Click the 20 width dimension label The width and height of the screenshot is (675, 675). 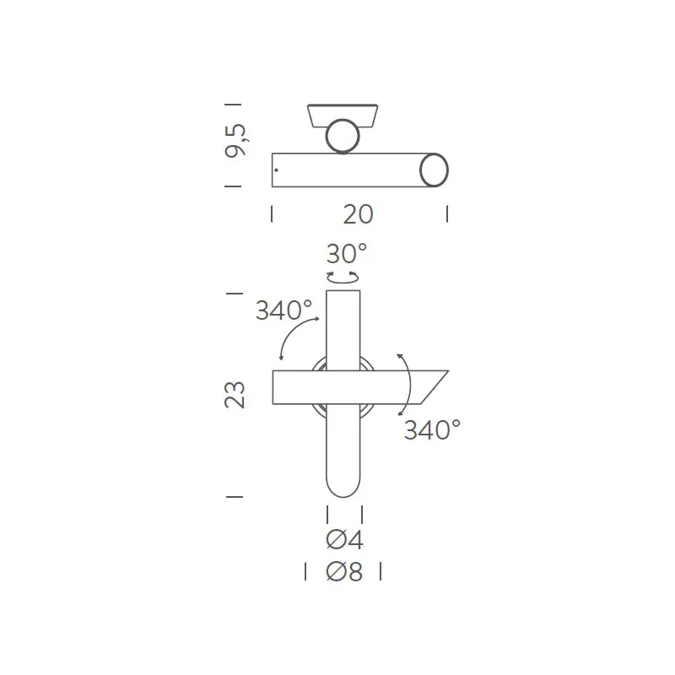(x=358, y=214)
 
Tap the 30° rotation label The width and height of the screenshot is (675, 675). (x=347, y=253)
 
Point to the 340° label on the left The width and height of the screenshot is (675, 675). (x=283, y=310)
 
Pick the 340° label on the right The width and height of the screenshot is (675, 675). (x=432, y=430)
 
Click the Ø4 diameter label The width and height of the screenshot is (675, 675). (x=344, y=539)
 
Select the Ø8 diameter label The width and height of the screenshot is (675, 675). (x=344, y=572)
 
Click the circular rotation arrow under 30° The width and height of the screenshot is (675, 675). (x=343, y=277)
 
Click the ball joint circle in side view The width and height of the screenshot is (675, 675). (x=343, y=136)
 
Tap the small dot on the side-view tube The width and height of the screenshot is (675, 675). (x=276, y=171)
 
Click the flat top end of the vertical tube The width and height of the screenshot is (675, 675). (x=343, y=292)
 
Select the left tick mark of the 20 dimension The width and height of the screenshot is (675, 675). (x=272, y=214)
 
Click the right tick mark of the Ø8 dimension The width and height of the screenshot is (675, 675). (x=381, y=572)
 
